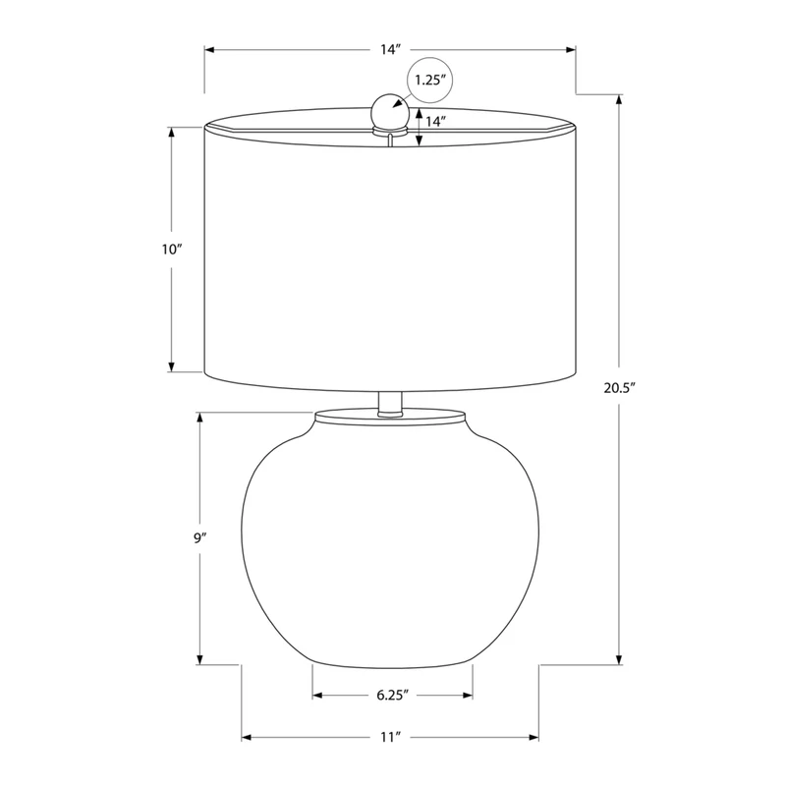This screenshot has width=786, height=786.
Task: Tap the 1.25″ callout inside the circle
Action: tap(430, 80)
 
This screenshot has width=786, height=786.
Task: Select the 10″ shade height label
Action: tap(171, 250)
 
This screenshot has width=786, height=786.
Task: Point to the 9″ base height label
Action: tap(200, 538)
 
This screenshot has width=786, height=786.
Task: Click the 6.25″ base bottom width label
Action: tap(392, 696)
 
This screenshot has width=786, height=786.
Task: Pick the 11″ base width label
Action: tap(390, 738)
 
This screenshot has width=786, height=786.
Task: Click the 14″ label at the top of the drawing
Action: tap(390, 50)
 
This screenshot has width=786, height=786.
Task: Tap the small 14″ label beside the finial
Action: tap(435, 121)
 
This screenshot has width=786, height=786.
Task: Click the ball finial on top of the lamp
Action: tap(389, 110)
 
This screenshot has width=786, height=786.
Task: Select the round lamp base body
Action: tap(390, 543)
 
